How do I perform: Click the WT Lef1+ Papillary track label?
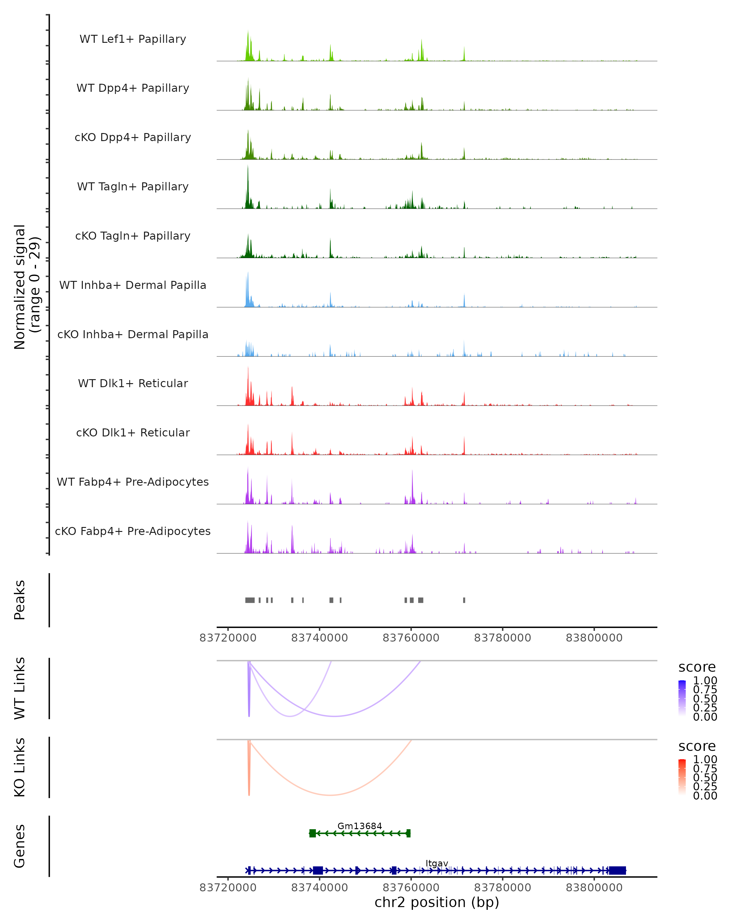[133, 39]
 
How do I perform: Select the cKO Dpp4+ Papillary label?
[133, 138]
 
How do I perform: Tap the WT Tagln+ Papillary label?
[133, 187]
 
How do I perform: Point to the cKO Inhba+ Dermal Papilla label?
[133, 335]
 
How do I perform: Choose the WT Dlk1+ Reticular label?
[133, 383]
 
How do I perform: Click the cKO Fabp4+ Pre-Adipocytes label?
[133, 531]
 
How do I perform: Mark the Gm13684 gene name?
[359, 826]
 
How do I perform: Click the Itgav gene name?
[437, 863]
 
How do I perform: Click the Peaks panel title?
[20, 600]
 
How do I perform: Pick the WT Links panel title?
[20, 688]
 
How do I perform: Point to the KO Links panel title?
[20, 767]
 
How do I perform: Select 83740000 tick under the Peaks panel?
[320, 638]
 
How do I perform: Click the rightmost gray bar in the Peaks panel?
[464, 600]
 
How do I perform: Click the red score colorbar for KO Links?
[682, 777]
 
